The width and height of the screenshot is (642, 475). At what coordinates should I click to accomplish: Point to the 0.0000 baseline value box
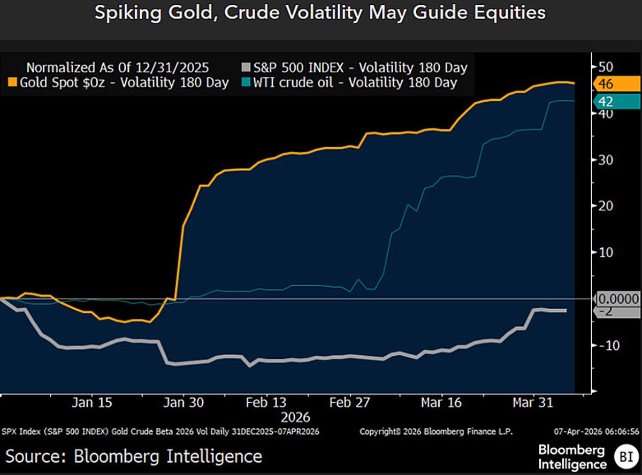[617, 299]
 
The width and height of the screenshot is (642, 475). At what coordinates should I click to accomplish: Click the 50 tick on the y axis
[605, 67]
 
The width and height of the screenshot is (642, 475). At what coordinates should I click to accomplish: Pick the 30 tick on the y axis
[605, 160]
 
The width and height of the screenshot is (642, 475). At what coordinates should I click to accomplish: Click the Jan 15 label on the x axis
[92, 403]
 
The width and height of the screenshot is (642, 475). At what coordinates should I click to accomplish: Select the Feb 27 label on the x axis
[349, 403]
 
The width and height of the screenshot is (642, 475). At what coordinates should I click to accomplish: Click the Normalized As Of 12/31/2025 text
[118, 68]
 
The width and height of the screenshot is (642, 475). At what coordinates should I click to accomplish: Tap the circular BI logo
[625, 456]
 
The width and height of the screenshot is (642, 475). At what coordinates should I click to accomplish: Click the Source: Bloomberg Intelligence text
[134, 456]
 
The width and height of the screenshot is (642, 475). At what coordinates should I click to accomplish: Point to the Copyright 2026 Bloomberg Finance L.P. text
[436, 432]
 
